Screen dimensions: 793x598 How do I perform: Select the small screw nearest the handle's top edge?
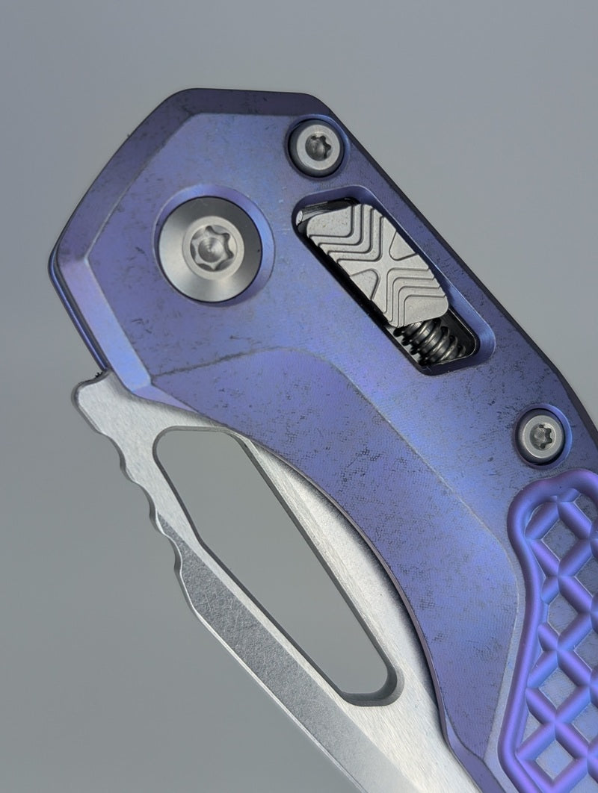point(317,147)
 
